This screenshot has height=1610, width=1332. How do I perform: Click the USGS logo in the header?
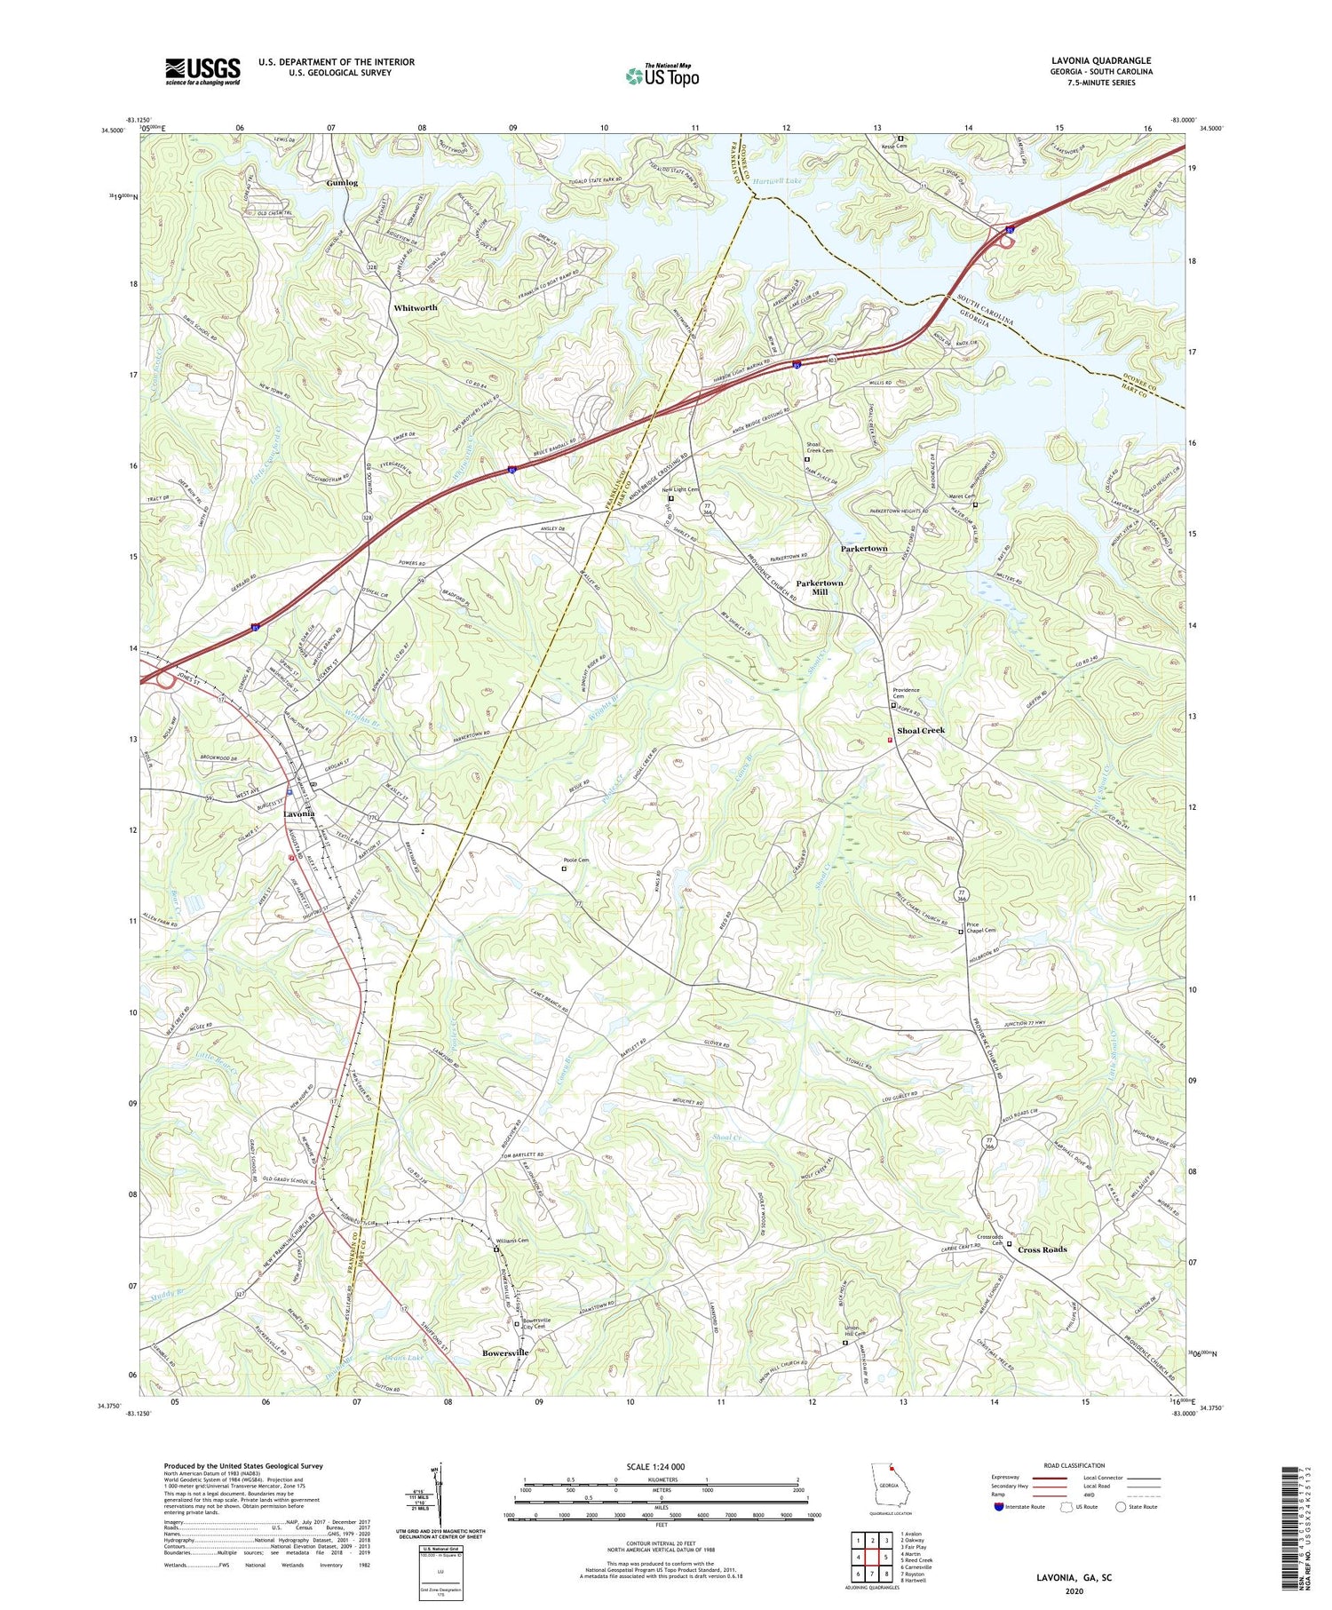tap(202, 70)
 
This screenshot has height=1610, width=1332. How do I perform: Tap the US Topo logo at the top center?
tap(662, 76)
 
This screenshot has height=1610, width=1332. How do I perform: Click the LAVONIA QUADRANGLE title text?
tap(1101, 61)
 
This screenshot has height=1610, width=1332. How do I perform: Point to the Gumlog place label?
tap(342, 183)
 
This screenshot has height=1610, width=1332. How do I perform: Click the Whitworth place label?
tap(415, 307)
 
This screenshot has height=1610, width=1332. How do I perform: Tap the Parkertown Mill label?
tap(819, 587)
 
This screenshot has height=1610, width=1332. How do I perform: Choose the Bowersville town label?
tap(505, 1352)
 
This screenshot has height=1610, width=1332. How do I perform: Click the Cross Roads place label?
tap(1042, 1249)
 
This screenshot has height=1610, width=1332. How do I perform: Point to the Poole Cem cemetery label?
tap(575, 861)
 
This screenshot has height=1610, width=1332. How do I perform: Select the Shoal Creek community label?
tap(921, 730)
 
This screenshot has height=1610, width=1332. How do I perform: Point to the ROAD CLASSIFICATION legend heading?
tap(1074, 1465)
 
